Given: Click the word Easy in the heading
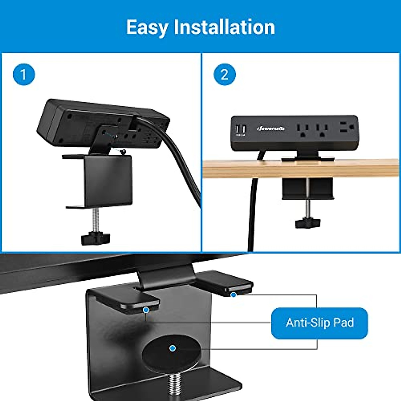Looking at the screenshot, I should (147, 27).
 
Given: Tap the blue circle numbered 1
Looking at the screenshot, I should (24, 74).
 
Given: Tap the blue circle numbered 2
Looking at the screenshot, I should (225, 74).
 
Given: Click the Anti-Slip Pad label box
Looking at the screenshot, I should (319, 323).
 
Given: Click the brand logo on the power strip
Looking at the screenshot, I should (271, 128).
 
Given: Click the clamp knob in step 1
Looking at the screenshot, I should (95, 238).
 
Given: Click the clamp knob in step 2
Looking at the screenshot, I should (307, 223).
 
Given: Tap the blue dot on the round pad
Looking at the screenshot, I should (172, 348).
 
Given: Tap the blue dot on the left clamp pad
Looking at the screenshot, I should (146, 310).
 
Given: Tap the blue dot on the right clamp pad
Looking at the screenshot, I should (234, 295).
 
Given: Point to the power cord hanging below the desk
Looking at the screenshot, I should (251, 217).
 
